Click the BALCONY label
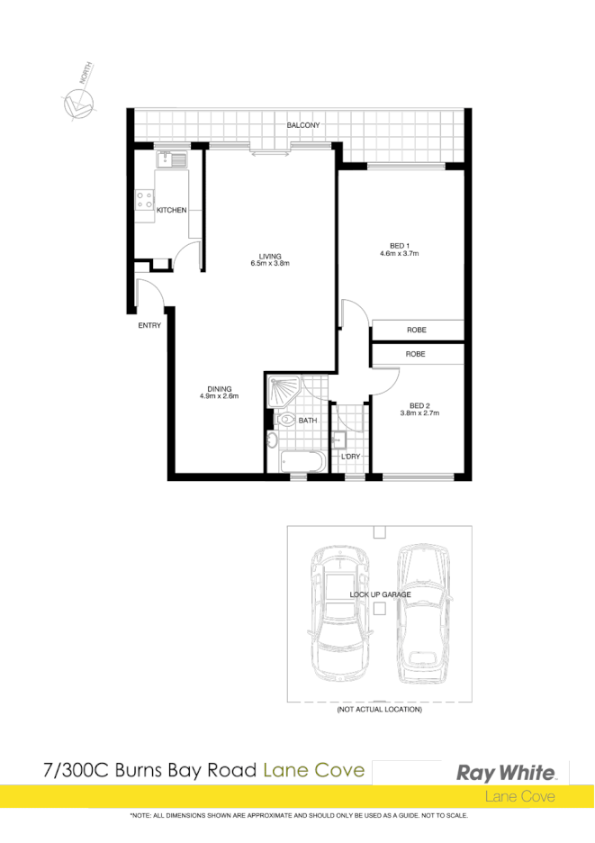pos(303,125)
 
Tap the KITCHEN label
pos(171,210)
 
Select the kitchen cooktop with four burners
pos(144,200)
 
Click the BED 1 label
pos(400,246)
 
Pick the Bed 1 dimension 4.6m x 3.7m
pos(400,255)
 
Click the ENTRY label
pos(149,325)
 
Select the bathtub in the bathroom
pos(302,461)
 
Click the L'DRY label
pos(350,457)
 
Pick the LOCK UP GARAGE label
pos(380,594)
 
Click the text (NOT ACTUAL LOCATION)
pos(379,710)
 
